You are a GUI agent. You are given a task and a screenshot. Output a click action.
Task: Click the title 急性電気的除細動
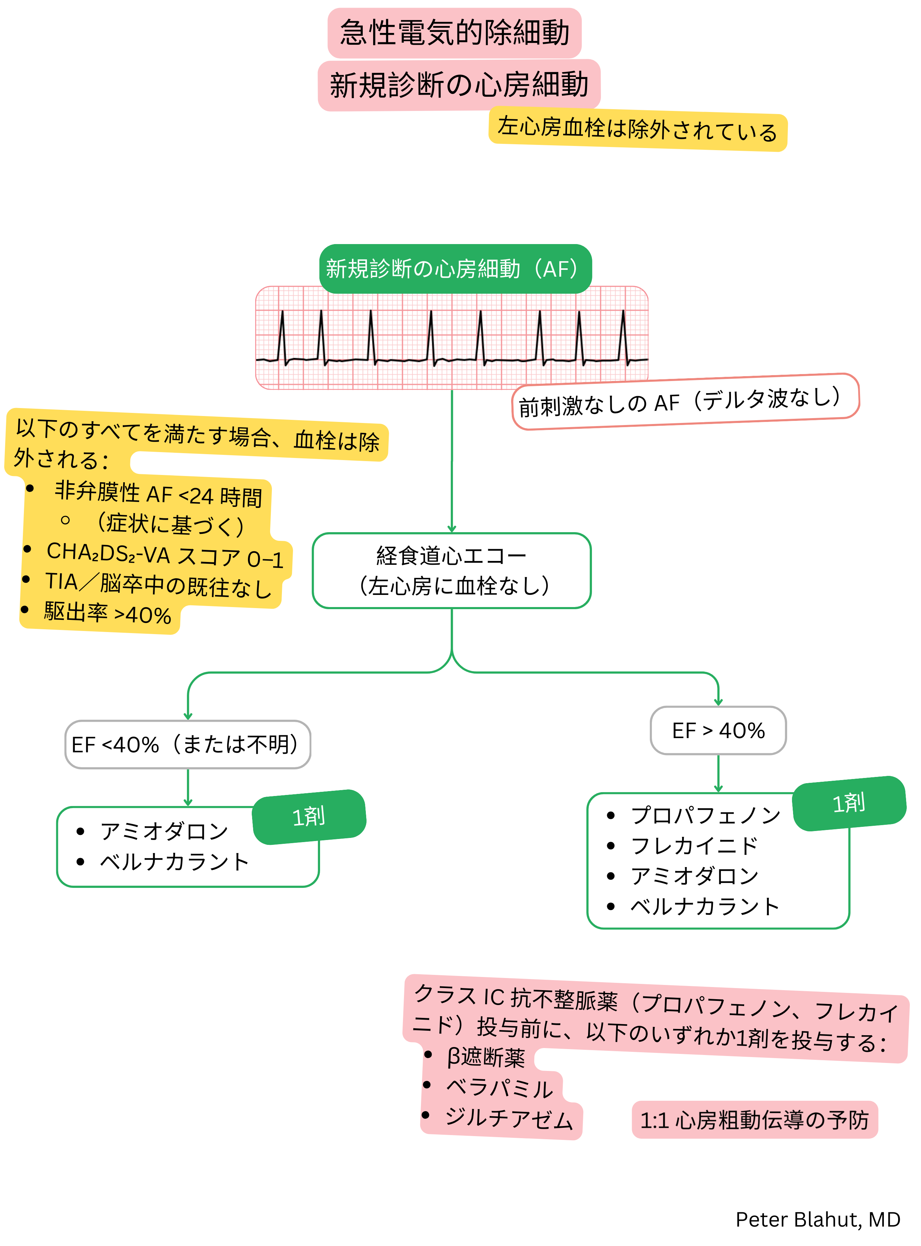454,32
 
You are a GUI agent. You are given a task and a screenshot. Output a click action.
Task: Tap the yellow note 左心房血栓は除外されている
637,130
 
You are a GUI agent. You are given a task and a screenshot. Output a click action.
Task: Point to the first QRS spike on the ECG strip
282,334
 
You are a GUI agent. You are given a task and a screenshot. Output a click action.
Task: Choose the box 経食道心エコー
451,570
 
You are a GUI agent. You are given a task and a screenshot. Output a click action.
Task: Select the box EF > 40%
718,730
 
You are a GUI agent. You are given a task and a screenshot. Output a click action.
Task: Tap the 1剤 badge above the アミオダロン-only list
309,817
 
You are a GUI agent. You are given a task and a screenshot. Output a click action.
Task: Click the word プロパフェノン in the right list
705,816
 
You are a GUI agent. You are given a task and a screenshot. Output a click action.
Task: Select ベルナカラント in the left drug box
174,862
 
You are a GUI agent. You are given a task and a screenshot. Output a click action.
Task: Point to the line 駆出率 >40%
107,614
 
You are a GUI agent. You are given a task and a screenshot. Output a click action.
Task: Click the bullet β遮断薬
485,1057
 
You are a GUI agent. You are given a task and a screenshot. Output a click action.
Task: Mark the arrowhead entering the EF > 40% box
718,702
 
